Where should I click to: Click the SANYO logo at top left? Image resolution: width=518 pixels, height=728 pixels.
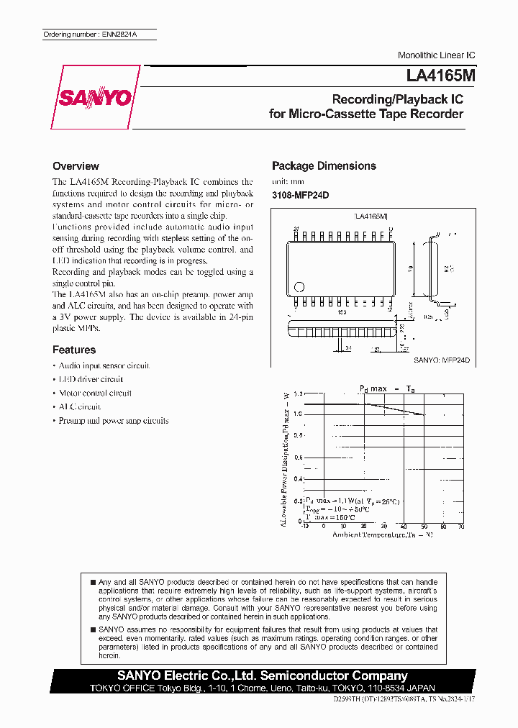[94, 98]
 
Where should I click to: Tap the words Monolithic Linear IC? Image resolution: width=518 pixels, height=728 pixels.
[436, 55]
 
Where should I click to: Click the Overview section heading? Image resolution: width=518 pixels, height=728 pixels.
[76, 166]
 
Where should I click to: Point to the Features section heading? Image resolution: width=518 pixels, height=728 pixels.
[74, 350]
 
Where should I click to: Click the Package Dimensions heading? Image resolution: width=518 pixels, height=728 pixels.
[324, 166]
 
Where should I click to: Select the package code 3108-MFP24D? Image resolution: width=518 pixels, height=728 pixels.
[300, 196]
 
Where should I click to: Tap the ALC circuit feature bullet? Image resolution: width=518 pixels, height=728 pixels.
[79, 407]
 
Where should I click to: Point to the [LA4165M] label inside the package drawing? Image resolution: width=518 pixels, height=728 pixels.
[371, 216]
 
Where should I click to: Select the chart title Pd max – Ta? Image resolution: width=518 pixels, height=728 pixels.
[387, 388]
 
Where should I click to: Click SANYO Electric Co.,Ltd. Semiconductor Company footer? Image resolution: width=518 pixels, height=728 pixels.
[263, 676]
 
